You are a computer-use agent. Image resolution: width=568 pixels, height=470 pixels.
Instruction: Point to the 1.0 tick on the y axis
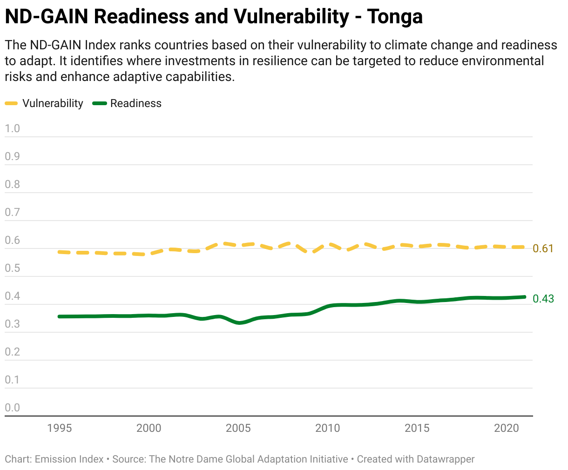point(13,128)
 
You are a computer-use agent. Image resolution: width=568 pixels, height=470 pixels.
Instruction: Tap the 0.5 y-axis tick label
point(13,268)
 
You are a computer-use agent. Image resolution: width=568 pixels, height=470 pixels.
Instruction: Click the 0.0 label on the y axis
point(13,408)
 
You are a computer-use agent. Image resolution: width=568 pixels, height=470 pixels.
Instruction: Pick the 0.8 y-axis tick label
point(13,184)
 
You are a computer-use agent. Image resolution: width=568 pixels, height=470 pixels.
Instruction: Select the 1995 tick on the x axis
point(60,428)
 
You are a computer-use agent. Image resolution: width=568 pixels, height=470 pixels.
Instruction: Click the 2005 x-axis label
point(238,428)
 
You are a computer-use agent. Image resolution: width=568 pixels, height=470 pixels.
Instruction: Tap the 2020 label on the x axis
point(507,428)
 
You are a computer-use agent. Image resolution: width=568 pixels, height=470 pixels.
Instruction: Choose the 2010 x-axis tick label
point(328,428)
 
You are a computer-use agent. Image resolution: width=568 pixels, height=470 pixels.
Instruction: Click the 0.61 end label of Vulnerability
point(543,248)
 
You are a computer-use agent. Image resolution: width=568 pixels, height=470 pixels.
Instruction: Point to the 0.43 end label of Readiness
point(543,299)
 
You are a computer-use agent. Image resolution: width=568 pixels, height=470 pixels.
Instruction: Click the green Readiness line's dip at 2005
point(239,322)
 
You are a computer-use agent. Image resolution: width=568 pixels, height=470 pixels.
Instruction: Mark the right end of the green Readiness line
point(524,297)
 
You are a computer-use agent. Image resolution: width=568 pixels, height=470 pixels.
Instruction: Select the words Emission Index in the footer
point(69,459)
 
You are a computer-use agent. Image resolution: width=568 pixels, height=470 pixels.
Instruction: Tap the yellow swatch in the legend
point(11,103)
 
